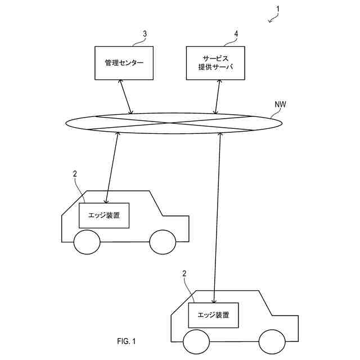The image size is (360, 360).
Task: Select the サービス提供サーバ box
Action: click(216, 63)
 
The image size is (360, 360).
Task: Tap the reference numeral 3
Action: click(145, 34)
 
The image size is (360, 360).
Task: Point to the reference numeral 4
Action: click(236, 34)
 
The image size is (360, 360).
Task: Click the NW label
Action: click(280, 104)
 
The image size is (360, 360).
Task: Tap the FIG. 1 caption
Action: click(127, 341)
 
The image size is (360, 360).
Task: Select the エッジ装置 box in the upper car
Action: click(105, 215)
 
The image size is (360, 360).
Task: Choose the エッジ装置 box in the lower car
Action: click(214, 315)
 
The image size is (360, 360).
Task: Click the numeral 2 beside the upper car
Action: click(75, 174)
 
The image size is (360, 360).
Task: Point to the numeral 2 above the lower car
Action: click(184, 273)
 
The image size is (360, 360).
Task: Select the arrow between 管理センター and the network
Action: click(126, 97)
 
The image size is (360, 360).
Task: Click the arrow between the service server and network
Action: click(217, 97)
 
